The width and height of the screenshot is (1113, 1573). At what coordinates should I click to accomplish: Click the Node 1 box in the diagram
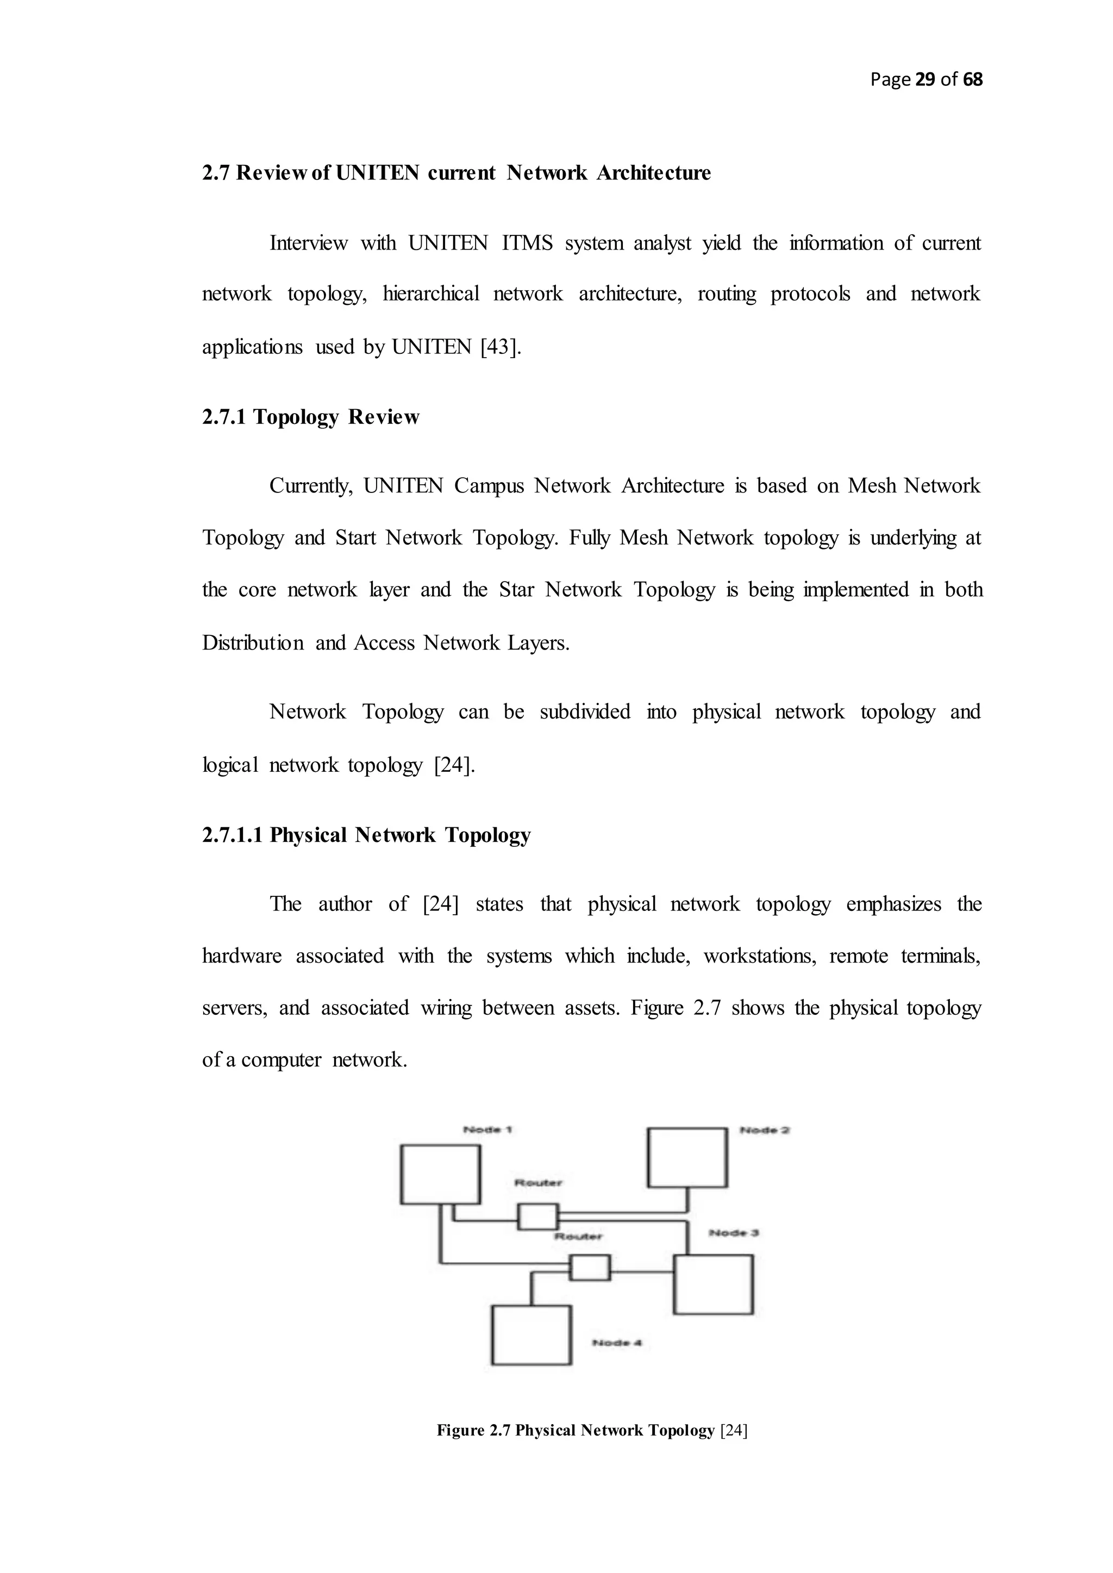coord(440,1174)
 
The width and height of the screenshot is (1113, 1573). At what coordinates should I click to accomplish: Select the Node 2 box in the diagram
coord(687,1157)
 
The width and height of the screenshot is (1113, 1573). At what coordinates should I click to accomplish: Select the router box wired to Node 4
coord(590,1268)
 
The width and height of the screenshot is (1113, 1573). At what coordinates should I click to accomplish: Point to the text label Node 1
coord(488,1129)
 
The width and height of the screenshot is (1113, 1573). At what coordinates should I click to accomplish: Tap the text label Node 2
coord(765,1130)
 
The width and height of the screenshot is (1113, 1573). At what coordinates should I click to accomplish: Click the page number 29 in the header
coord(925,80)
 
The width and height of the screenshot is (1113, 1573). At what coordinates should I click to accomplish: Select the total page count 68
coord(972,80)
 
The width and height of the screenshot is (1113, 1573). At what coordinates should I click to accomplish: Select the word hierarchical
coord(430,294)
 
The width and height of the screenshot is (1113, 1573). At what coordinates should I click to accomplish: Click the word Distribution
coord(252,643)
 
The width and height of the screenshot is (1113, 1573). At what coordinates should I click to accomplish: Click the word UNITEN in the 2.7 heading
coord(377,173)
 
